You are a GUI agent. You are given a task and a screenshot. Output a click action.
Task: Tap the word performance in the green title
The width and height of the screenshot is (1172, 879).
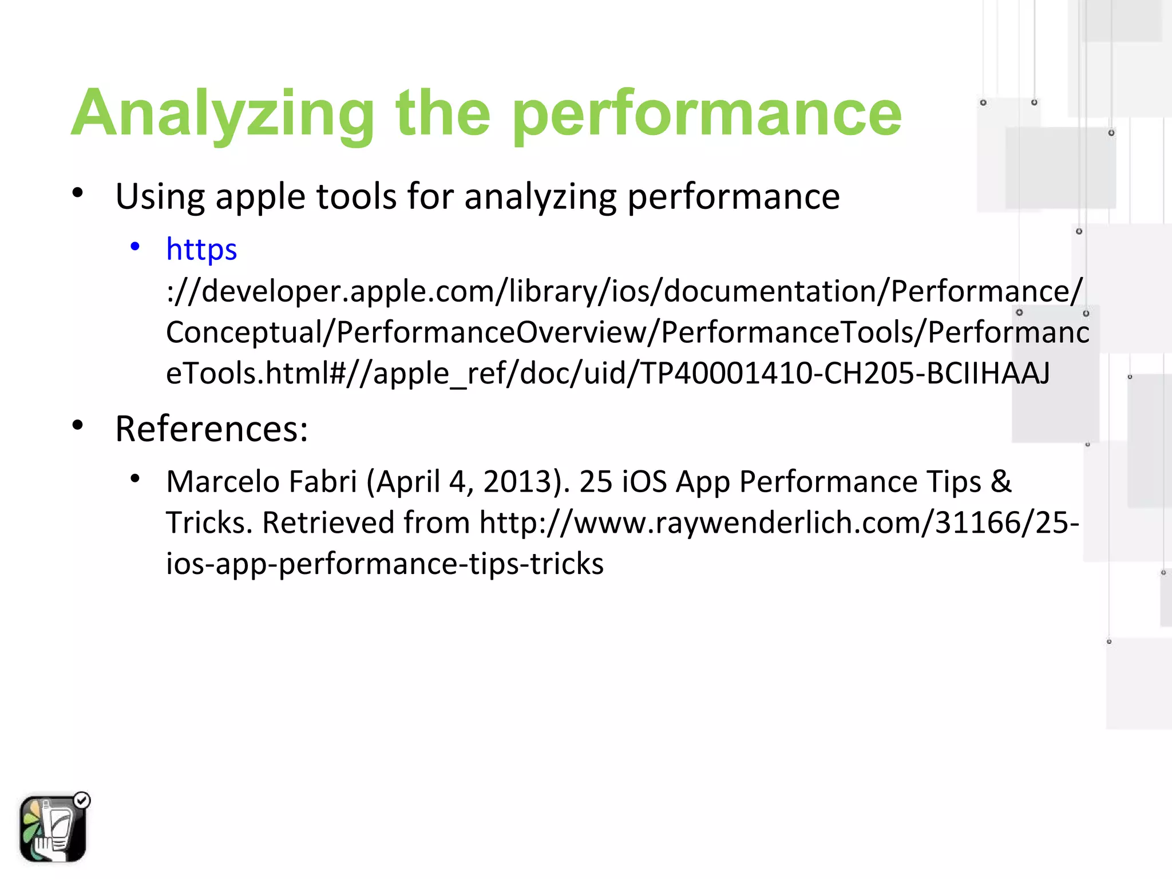coord(707,114)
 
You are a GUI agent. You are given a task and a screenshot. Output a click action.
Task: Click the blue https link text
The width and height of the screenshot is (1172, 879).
coord(201,250)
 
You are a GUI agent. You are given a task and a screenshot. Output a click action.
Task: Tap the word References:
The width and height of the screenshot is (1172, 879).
coord(212,429)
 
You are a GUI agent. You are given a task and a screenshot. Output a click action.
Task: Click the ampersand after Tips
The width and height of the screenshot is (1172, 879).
coord(1000,481)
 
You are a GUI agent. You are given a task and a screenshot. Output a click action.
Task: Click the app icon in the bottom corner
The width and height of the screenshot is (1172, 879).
coord(52,828)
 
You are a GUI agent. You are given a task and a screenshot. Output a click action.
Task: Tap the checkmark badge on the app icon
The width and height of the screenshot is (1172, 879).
coord(82,800)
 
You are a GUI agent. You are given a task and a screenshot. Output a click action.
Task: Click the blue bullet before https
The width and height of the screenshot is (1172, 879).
coord(135,247)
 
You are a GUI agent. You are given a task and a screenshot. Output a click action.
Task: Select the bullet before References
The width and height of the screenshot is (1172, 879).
coord(78,426)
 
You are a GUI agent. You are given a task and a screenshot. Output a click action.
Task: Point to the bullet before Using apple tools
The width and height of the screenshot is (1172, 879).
coord(78,193)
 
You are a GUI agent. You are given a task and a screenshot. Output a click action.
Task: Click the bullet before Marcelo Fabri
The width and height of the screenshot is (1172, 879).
coord(135,478)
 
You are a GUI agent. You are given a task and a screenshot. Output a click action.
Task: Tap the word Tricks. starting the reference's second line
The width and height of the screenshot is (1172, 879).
coord(209,522)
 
